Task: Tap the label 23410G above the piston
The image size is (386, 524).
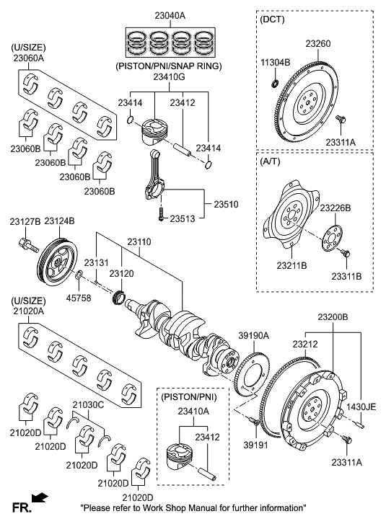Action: point(167,76)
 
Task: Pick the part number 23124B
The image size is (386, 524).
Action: point(60,221)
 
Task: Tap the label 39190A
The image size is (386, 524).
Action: point(254,335)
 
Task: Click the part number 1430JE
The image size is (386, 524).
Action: point(361,407)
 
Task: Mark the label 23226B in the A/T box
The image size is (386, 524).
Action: point(335,208)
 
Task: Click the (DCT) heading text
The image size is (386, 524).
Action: point(272,19)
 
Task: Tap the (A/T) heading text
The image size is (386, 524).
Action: point(271,163)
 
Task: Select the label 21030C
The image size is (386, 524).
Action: point(88,405)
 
